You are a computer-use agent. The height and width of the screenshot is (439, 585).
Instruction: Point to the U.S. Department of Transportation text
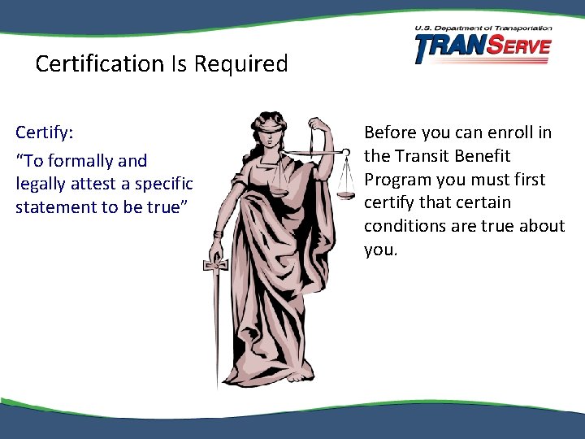point(483,28)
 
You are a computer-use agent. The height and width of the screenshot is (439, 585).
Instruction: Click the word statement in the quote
point(55,206)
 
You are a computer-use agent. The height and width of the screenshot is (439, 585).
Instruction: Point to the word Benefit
point(483,155)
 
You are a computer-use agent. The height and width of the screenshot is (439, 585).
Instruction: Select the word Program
point(397,179)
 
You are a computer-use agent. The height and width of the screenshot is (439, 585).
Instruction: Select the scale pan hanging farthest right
point(346,194)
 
